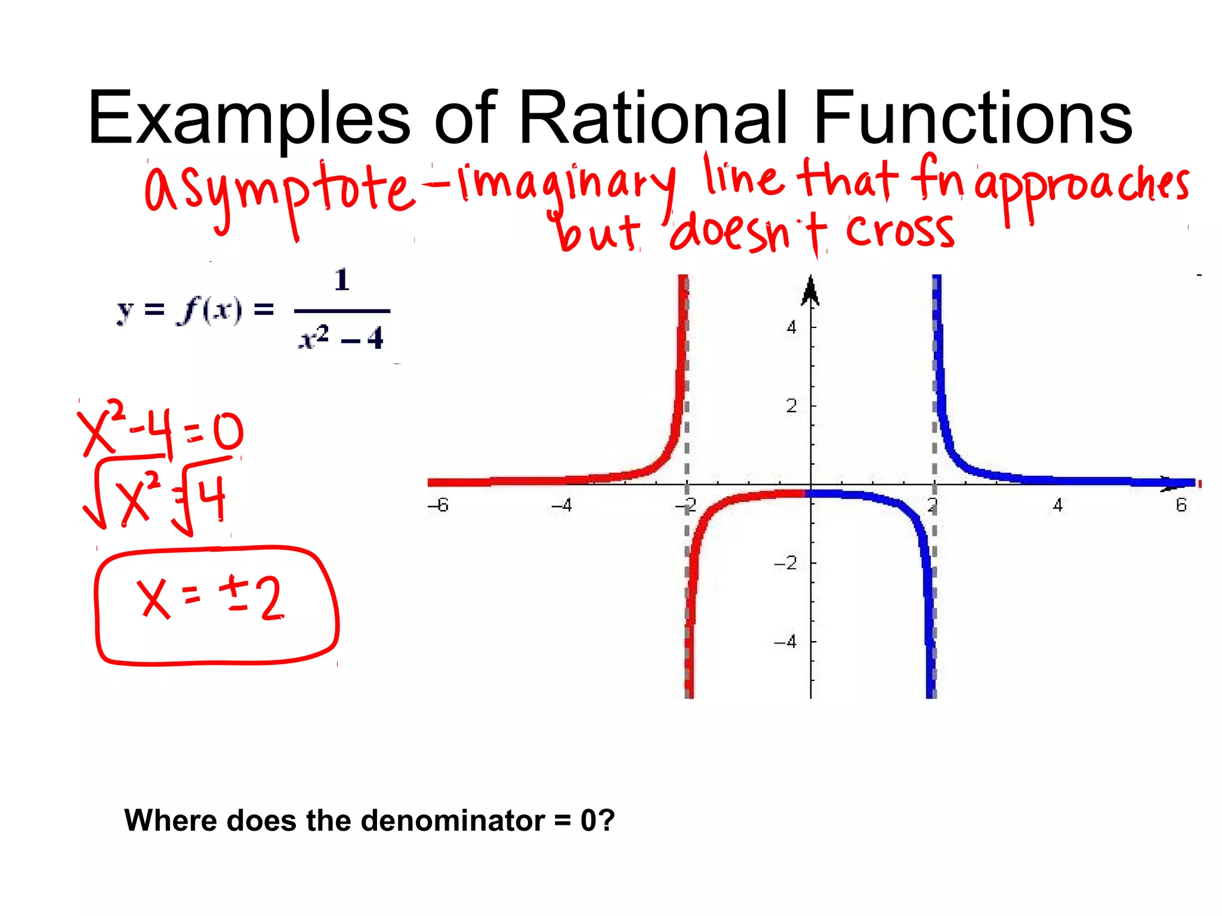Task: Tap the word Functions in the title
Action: (x=973, y=117)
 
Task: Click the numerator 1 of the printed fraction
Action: (x=342, y=280)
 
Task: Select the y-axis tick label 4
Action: (x=791, y=327)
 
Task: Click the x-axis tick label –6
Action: (x=438, y=506)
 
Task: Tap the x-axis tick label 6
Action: (x=1181, y=506)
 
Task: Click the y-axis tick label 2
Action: (x=791, y=406)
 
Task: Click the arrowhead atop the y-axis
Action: (x=810, y=292)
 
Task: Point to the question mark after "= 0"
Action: (x=607, y=821)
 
